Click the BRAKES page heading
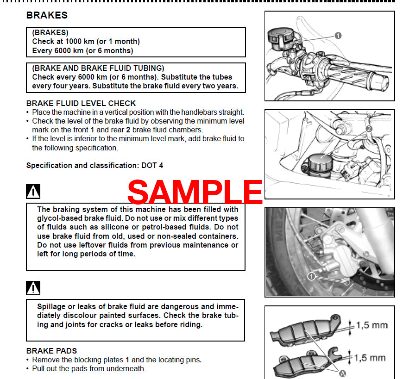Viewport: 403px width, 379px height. tap(47, 15)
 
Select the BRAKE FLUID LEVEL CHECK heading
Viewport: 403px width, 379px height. tap(81, 103)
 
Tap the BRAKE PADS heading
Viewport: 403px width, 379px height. tap(51, 351)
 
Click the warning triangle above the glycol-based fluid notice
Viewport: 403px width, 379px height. tap(33, 191)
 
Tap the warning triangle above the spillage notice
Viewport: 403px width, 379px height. tap(33, 287)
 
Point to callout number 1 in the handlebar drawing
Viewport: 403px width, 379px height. tap(338, 36)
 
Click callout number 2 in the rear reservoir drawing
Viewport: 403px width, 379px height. tap(369, 129)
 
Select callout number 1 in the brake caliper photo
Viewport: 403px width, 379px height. tap(312, 276)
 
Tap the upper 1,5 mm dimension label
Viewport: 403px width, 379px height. tap(372, 325)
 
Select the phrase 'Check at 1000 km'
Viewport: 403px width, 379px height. tap(63, 42)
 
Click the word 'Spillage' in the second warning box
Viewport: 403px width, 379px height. tap(53, 306)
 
